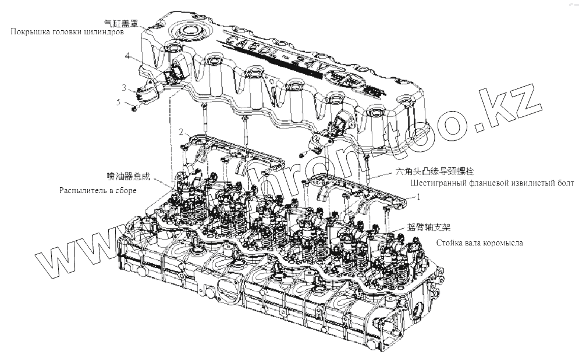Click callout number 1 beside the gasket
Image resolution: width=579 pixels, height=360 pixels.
(417, 197)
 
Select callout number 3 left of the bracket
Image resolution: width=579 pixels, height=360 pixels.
(124, 87)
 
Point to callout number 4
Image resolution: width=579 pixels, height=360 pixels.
(126, 56)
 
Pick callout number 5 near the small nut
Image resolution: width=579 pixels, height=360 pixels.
(119, 102)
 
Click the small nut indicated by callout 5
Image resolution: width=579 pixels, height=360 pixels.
(135, 108)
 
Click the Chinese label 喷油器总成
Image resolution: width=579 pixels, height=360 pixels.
(124, 176)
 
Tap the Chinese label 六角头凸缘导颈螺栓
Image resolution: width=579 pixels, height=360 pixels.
(435, 172)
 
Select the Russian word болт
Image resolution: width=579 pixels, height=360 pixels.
(565, 183)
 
